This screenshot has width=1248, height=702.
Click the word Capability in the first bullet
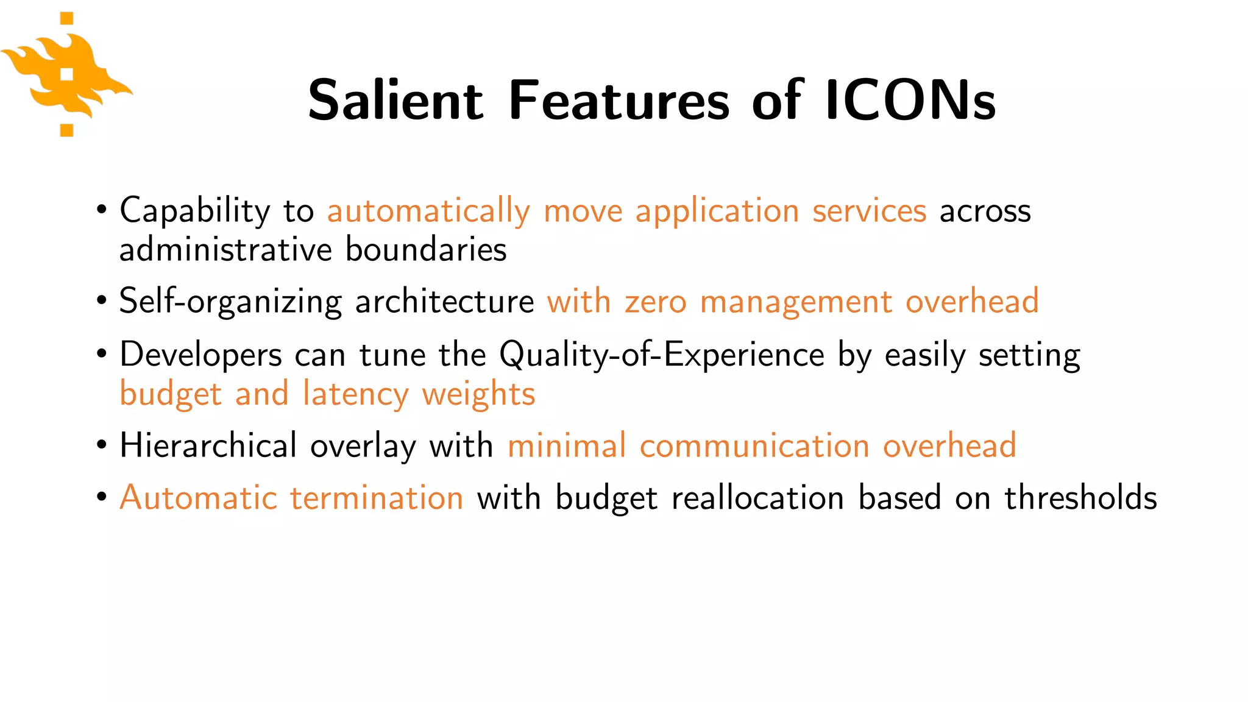tap(194, 211)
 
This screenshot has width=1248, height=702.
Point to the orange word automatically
tap(428, 211)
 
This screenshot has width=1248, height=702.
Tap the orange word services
tap(869, 211)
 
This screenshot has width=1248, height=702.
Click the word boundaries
tap(426, 250)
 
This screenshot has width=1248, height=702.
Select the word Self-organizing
tap(231, 302)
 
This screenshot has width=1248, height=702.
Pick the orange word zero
tap(655, 302)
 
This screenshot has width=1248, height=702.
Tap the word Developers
tap(200, 355)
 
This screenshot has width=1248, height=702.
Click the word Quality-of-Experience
tap(661, 355)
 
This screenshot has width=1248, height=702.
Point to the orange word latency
tap(355, 394)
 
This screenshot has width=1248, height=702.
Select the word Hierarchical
tap(208, 445)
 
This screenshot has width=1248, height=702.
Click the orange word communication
tap(754, 445)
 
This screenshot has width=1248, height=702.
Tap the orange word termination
tap(377, 497)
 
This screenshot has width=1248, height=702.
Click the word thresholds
tap(1080, 497)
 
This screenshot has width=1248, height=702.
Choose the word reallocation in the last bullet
tap(757, 497)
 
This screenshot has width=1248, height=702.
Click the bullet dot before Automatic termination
tap(102, 497)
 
